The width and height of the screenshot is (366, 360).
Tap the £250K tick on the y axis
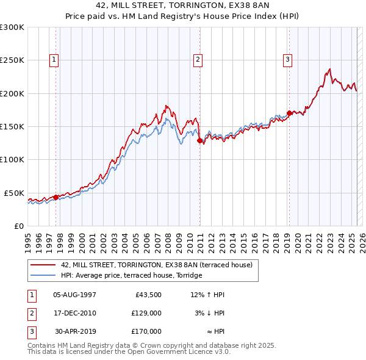[12, 60]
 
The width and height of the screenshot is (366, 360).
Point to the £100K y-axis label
[12, 159]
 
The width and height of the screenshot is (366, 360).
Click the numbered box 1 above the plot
[55, 60]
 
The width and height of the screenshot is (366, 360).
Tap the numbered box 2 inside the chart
[199, 60]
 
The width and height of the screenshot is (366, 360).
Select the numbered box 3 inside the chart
[287, 60]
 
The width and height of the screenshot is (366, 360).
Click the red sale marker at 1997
[56, 197]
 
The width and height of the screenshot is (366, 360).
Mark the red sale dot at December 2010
[199, 140]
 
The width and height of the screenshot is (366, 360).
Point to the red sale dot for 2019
[289, 113]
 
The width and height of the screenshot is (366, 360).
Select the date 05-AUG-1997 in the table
[74, 295]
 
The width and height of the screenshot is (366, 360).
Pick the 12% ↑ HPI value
[207, 295]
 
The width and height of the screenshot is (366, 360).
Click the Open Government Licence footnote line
[129, 352]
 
